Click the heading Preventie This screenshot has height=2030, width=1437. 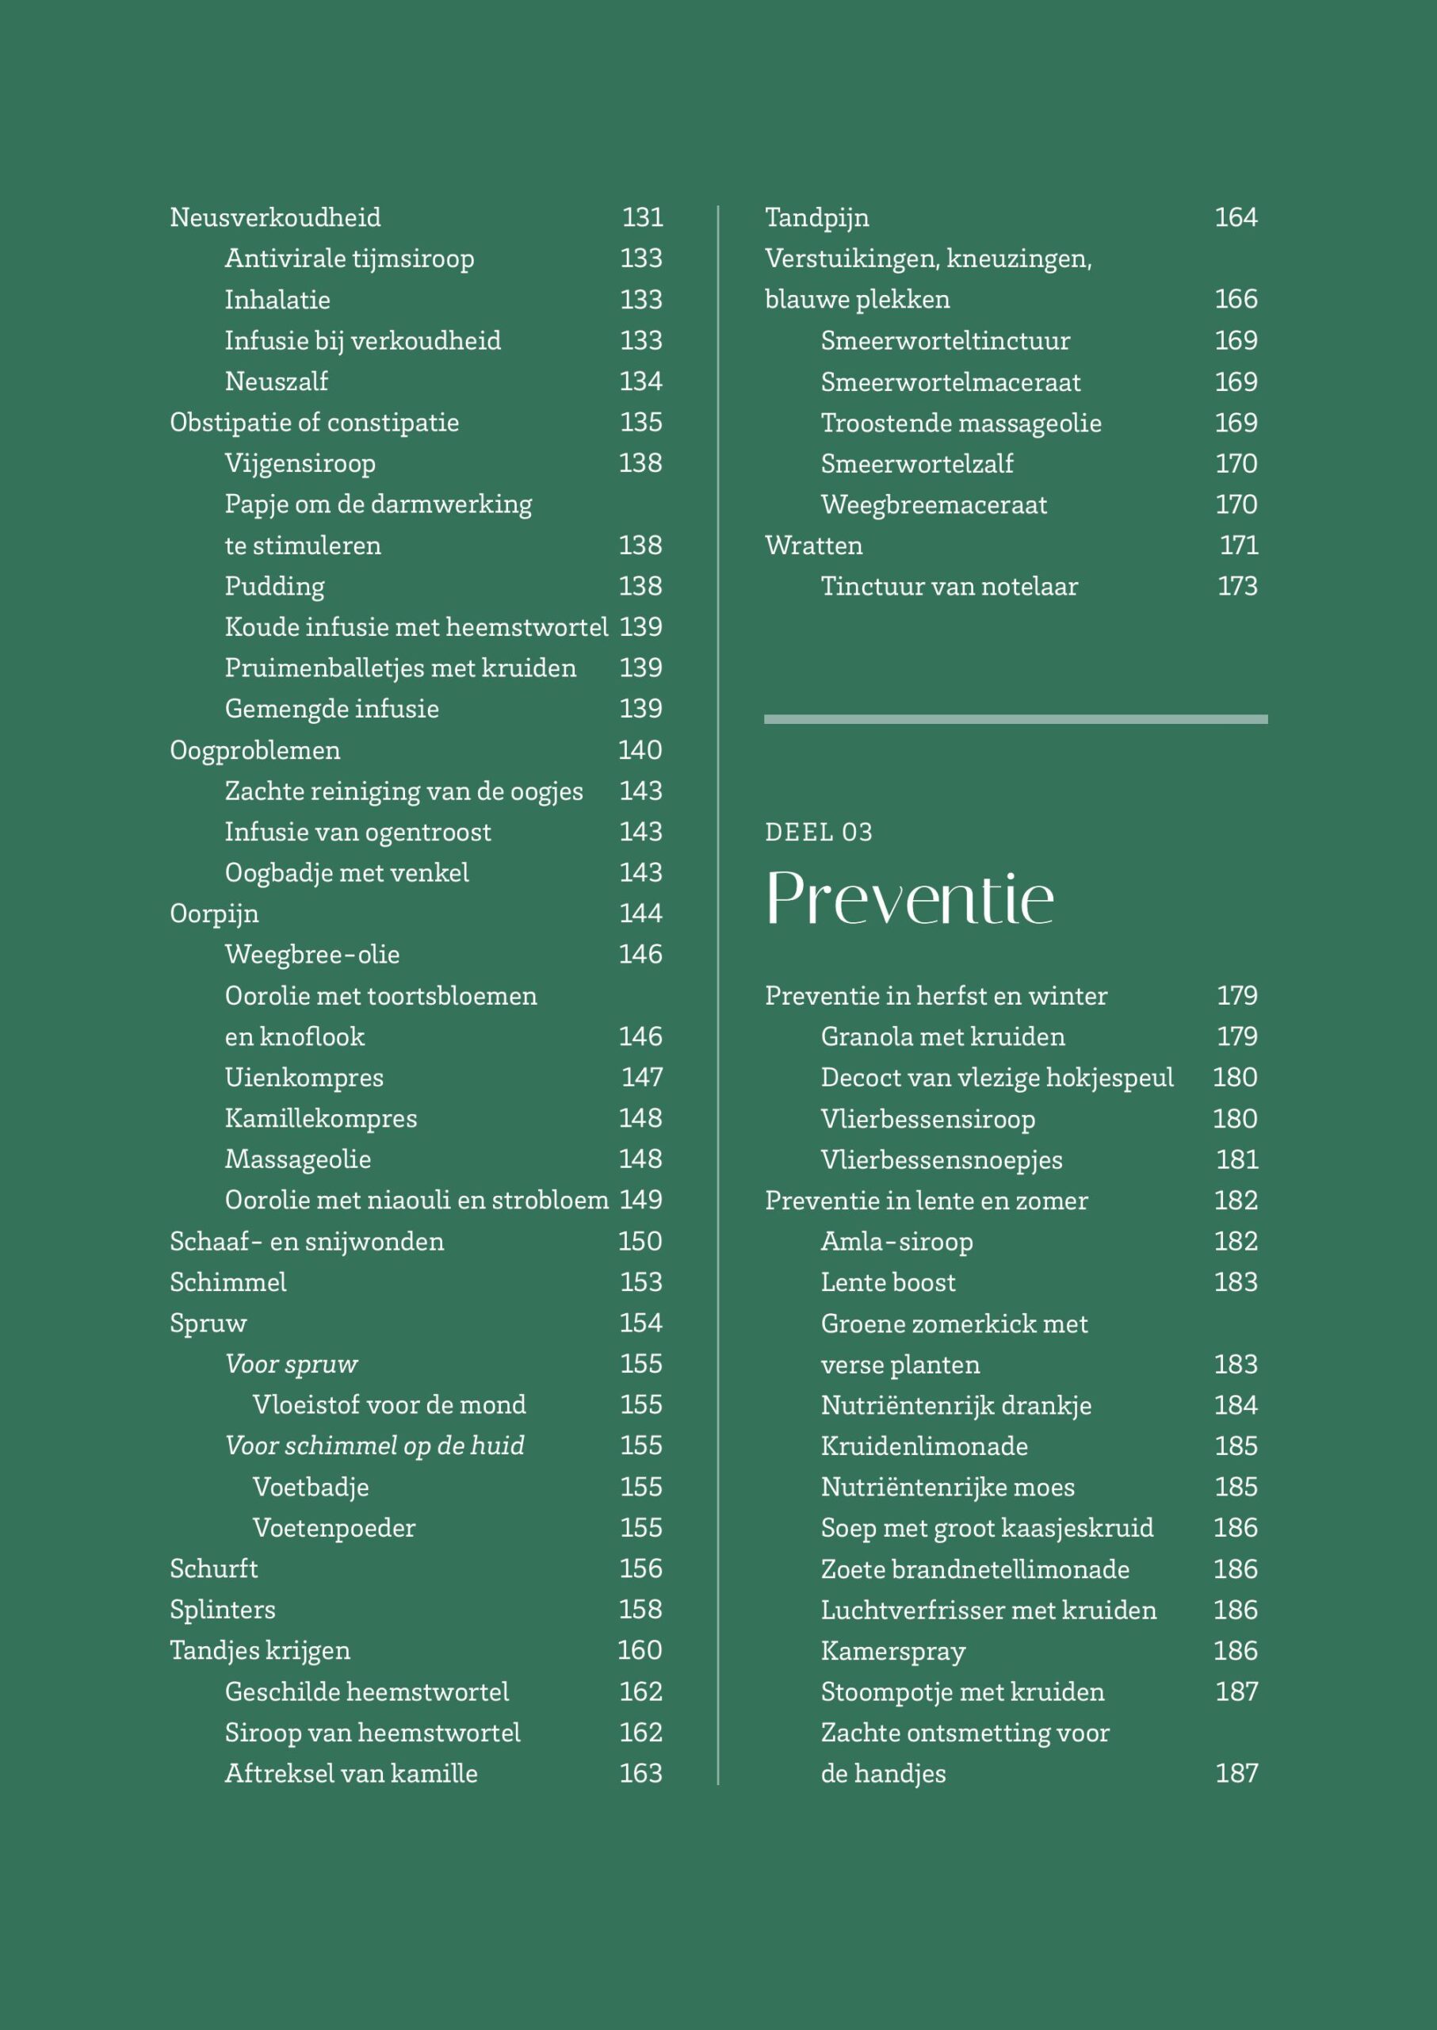coord(909,898)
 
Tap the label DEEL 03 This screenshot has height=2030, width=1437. coord(819,832)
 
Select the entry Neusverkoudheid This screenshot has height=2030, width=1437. coord(275,218)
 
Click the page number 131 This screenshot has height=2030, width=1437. coord(641,218)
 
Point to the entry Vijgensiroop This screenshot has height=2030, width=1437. coord(300,463)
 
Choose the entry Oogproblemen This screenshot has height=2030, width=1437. coord(255,751)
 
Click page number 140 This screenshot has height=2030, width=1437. coord(640,751)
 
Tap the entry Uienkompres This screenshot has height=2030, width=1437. coord(304,1078)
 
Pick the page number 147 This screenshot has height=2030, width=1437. coord(641,1078)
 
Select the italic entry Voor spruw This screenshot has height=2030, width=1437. coord(291,1364)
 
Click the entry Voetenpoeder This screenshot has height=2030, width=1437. coord(334,1528)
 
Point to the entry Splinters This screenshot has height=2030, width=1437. coord(222,1610)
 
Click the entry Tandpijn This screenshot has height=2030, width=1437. coord(816,218)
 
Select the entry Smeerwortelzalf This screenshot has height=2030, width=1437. coord(917,464)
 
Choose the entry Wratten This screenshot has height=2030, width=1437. coord(813,546)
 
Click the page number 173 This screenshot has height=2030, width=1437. coord(1237,586)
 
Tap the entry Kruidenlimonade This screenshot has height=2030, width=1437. coord(924,1446)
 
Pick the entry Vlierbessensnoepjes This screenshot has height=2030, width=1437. coord(942,1160)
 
